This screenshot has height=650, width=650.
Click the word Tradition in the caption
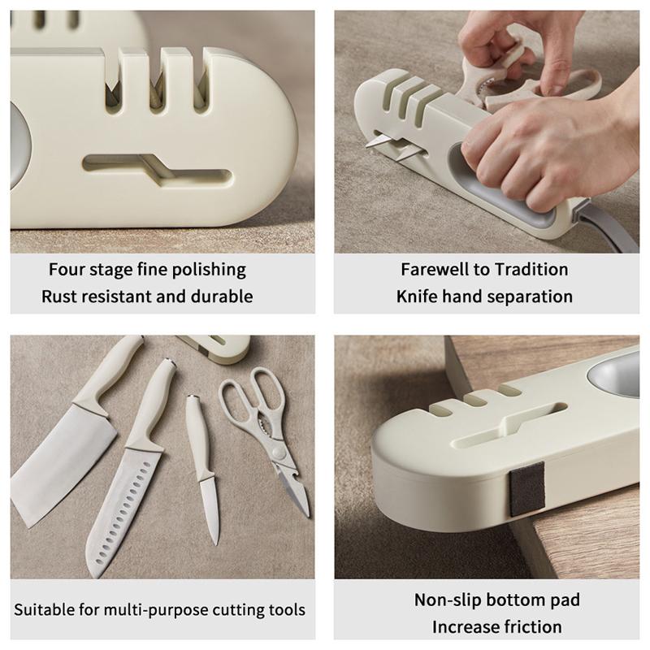click(x=531, y=270)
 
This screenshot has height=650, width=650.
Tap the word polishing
click(x=209, y=271)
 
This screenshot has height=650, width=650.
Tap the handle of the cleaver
click(x=109, y=373)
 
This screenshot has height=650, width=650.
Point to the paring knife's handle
click(x=199, y=435)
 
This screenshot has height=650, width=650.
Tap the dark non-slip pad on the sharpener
click(x=526, y=489)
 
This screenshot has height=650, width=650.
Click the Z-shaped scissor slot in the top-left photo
click(x=157, y=170)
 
